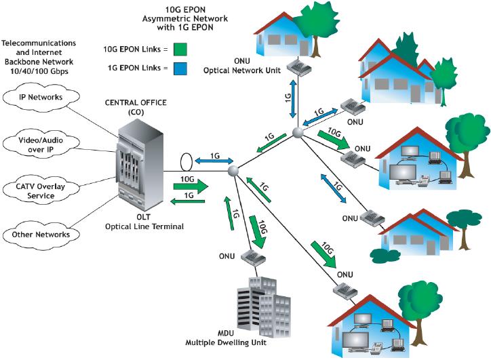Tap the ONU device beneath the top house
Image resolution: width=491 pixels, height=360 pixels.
(x=296, y=66)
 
